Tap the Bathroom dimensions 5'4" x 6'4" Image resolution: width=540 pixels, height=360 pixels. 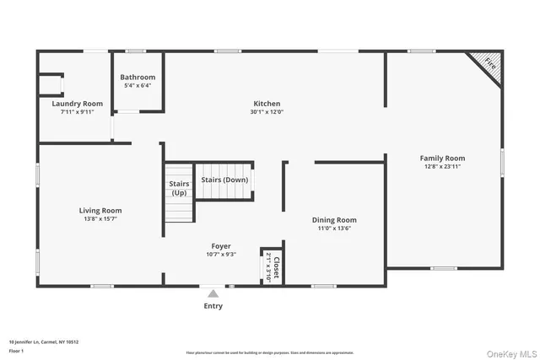[138, 85]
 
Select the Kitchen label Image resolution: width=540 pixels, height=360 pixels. [267, 103]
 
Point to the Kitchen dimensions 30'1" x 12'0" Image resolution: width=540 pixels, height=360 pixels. [267, 112]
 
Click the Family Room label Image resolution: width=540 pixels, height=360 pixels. [443, 158]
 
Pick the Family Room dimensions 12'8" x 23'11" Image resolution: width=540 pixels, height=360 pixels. [443, 167]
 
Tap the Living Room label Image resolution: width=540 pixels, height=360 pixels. [100, 210]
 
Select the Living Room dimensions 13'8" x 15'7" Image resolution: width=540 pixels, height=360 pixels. [100, 219]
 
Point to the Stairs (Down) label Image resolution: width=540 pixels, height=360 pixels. [224, 180]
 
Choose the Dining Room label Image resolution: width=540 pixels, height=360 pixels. [335, 219]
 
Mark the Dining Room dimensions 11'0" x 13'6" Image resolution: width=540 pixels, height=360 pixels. [335, 228]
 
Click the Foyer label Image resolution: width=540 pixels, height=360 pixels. [221, 246]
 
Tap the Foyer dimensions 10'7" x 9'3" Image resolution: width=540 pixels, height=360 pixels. [221, 255]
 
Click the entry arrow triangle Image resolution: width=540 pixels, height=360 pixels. [213, 294]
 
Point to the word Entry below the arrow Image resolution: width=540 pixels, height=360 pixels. [213, 306]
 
